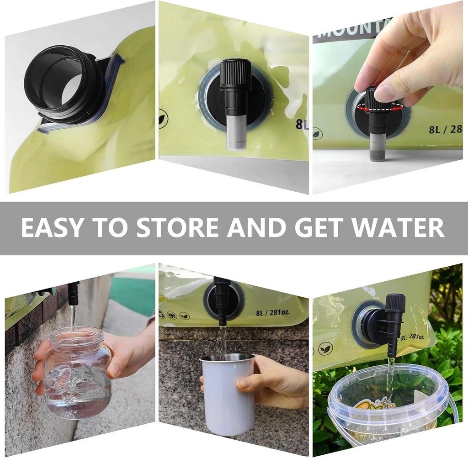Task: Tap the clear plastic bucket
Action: coord(388,402)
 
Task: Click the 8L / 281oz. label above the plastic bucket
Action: coord(412,337)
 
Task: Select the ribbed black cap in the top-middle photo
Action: coord(236,74)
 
